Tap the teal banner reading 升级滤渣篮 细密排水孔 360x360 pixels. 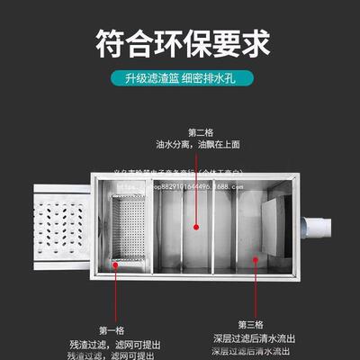coord(179,79)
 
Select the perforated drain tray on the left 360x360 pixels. coord(63,229)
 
